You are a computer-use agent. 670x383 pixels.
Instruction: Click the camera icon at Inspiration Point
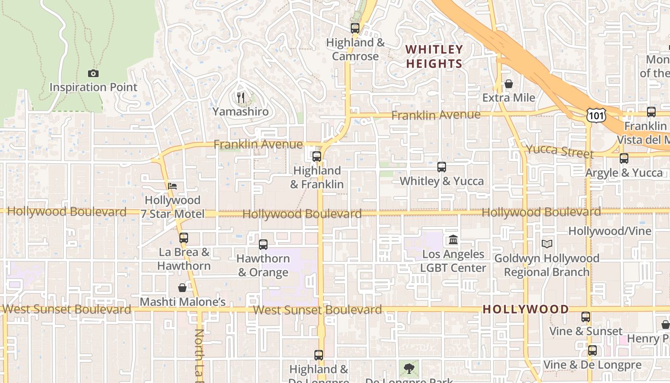(x=93, y=73)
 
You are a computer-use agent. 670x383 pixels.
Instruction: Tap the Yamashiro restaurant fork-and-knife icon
(x=241, y=98)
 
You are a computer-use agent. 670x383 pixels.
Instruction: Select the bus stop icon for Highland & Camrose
(x=355, y=28)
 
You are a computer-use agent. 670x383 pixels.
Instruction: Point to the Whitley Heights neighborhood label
(x=435, y=56)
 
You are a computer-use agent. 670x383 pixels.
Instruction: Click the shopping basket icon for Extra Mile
(x=508, y=84)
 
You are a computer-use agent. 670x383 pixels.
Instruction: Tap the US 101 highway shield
(x=596, y=115)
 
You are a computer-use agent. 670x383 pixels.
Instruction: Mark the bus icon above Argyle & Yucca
(x=624, y=158)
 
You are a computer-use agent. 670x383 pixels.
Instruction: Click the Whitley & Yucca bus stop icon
(x=441, y=167)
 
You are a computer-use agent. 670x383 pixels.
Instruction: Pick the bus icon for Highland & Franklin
(x=316, y=157)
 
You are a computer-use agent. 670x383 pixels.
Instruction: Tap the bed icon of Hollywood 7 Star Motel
(x=172, y=186)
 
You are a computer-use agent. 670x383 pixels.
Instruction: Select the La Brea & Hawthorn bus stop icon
(x=183, y=237)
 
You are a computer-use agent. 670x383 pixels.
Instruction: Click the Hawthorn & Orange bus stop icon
(x=263, y=244)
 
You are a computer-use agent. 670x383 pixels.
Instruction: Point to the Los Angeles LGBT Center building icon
(x=453, y=239)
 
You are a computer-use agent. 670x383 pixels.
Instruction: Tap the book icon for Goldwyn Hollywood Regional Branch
(x=547, y=244)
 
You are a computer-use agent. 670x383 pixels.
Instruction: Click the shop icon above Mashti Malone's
(x=182, y=288)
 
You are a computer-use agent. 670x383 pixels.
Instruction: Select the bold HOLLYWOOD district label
(x=525, y=309)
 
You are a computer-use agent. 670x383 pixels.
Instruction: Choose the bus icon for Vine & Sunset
(x=585, y=317)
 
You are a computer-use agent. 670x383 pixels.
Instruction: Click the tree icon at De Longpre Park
(x=409, y=368)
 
